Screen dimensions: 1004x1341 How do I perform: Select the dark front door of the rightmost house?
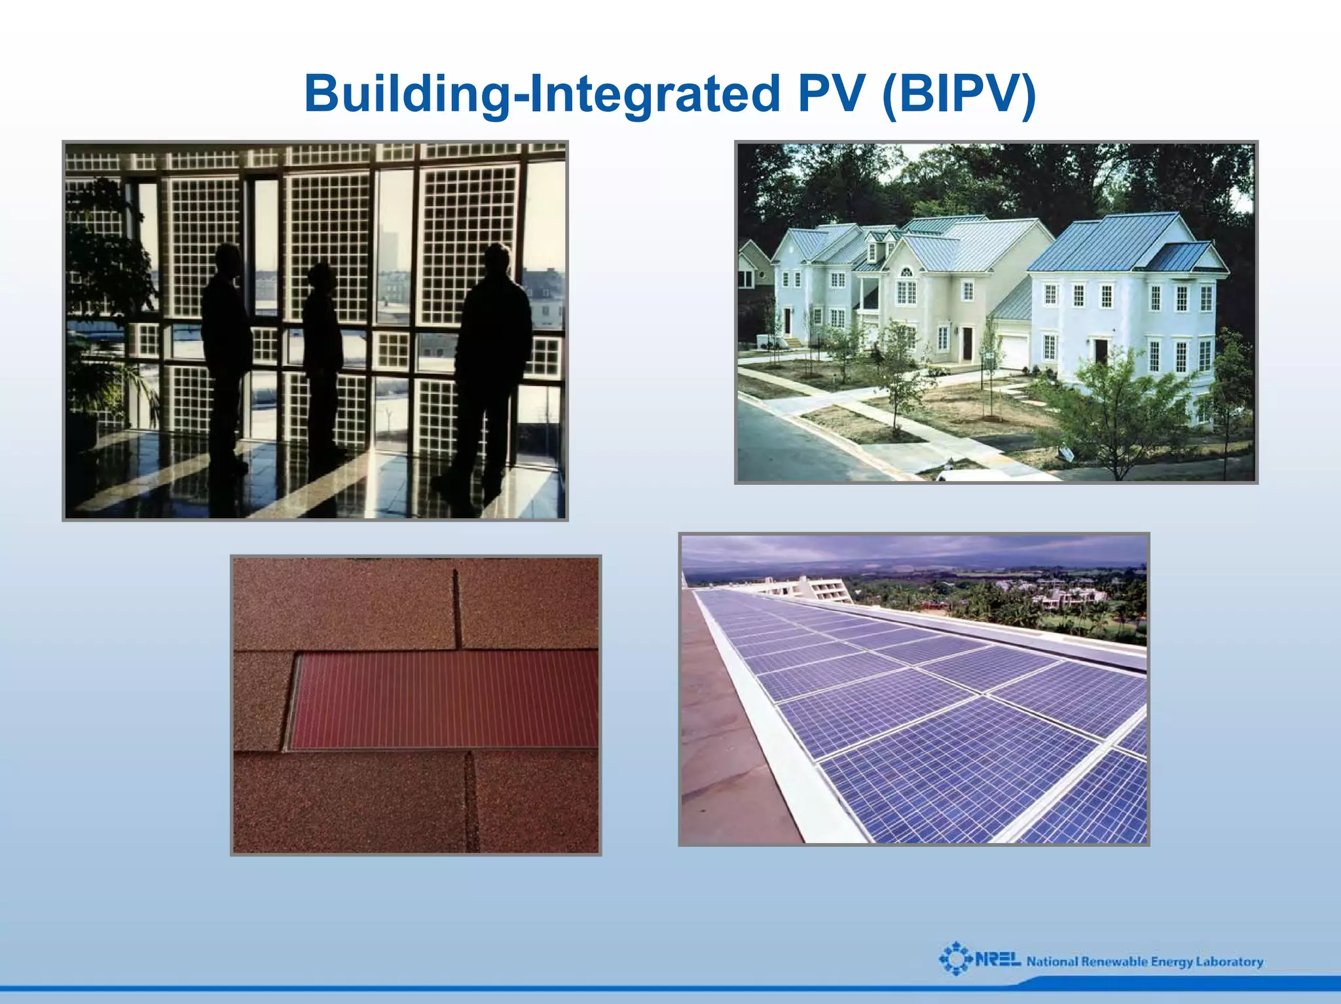(1101, 351)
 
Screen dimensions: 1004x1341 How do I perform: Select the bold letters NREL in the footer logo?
(997, 960)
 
